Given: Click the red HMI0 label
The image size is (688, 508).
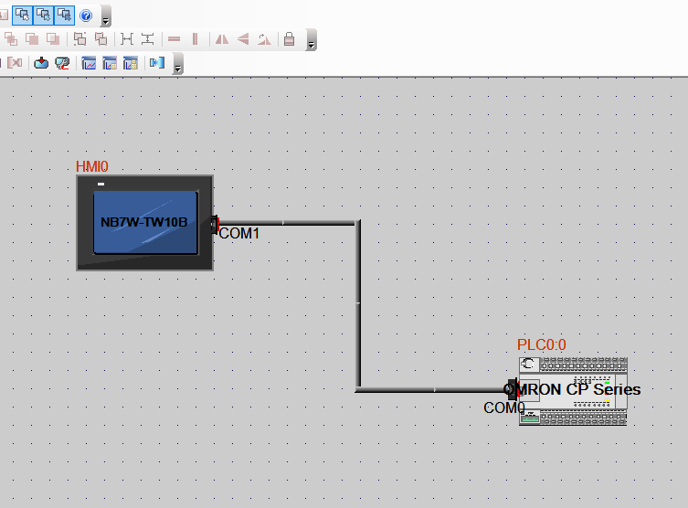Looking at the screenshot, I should tap(91, 166).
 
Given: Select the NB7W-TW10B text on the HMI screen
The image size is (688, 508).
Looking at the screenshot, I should tap(143, 221).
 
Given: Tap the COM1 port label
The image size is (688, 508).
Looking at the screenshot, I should tap(239, 234).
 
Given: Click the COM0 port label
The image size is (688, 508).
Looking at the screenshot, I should tap(503, 407).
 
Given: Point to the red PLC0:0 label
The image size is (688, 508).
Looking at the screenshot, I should tap(542, 344).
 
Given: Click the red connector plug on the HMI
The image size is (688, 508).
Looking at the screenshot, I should tap(216, 223).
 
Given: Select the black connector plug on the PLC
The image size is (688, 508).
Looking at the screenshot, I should tap(512, 389).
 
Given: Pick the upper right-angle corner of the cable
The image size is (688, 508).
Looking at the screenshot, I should tap(357, 222).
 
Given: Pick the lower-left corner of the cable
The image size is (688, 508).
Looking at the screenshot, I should tap(357, 389).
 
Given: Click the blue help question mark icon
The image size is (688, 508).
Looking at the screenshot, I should tap(86, 16).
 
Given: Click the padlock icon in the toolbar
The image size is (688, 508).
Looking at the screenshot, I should tap(289, 39).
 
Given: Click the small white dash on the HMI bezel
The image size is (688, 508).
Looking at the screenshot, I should tap(101, 185).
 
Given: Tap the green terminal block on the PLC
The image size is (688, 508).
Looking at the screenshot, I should tap(529, 418).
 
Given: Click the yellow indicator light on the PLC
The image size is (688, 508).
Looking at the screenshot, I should tap(608, 401).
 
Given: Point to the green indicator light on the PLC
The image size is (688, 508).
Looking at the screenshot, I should tap(608, 379).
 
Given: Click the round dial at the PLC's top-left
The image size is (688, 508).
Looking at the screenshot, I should tap(528, 365).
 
